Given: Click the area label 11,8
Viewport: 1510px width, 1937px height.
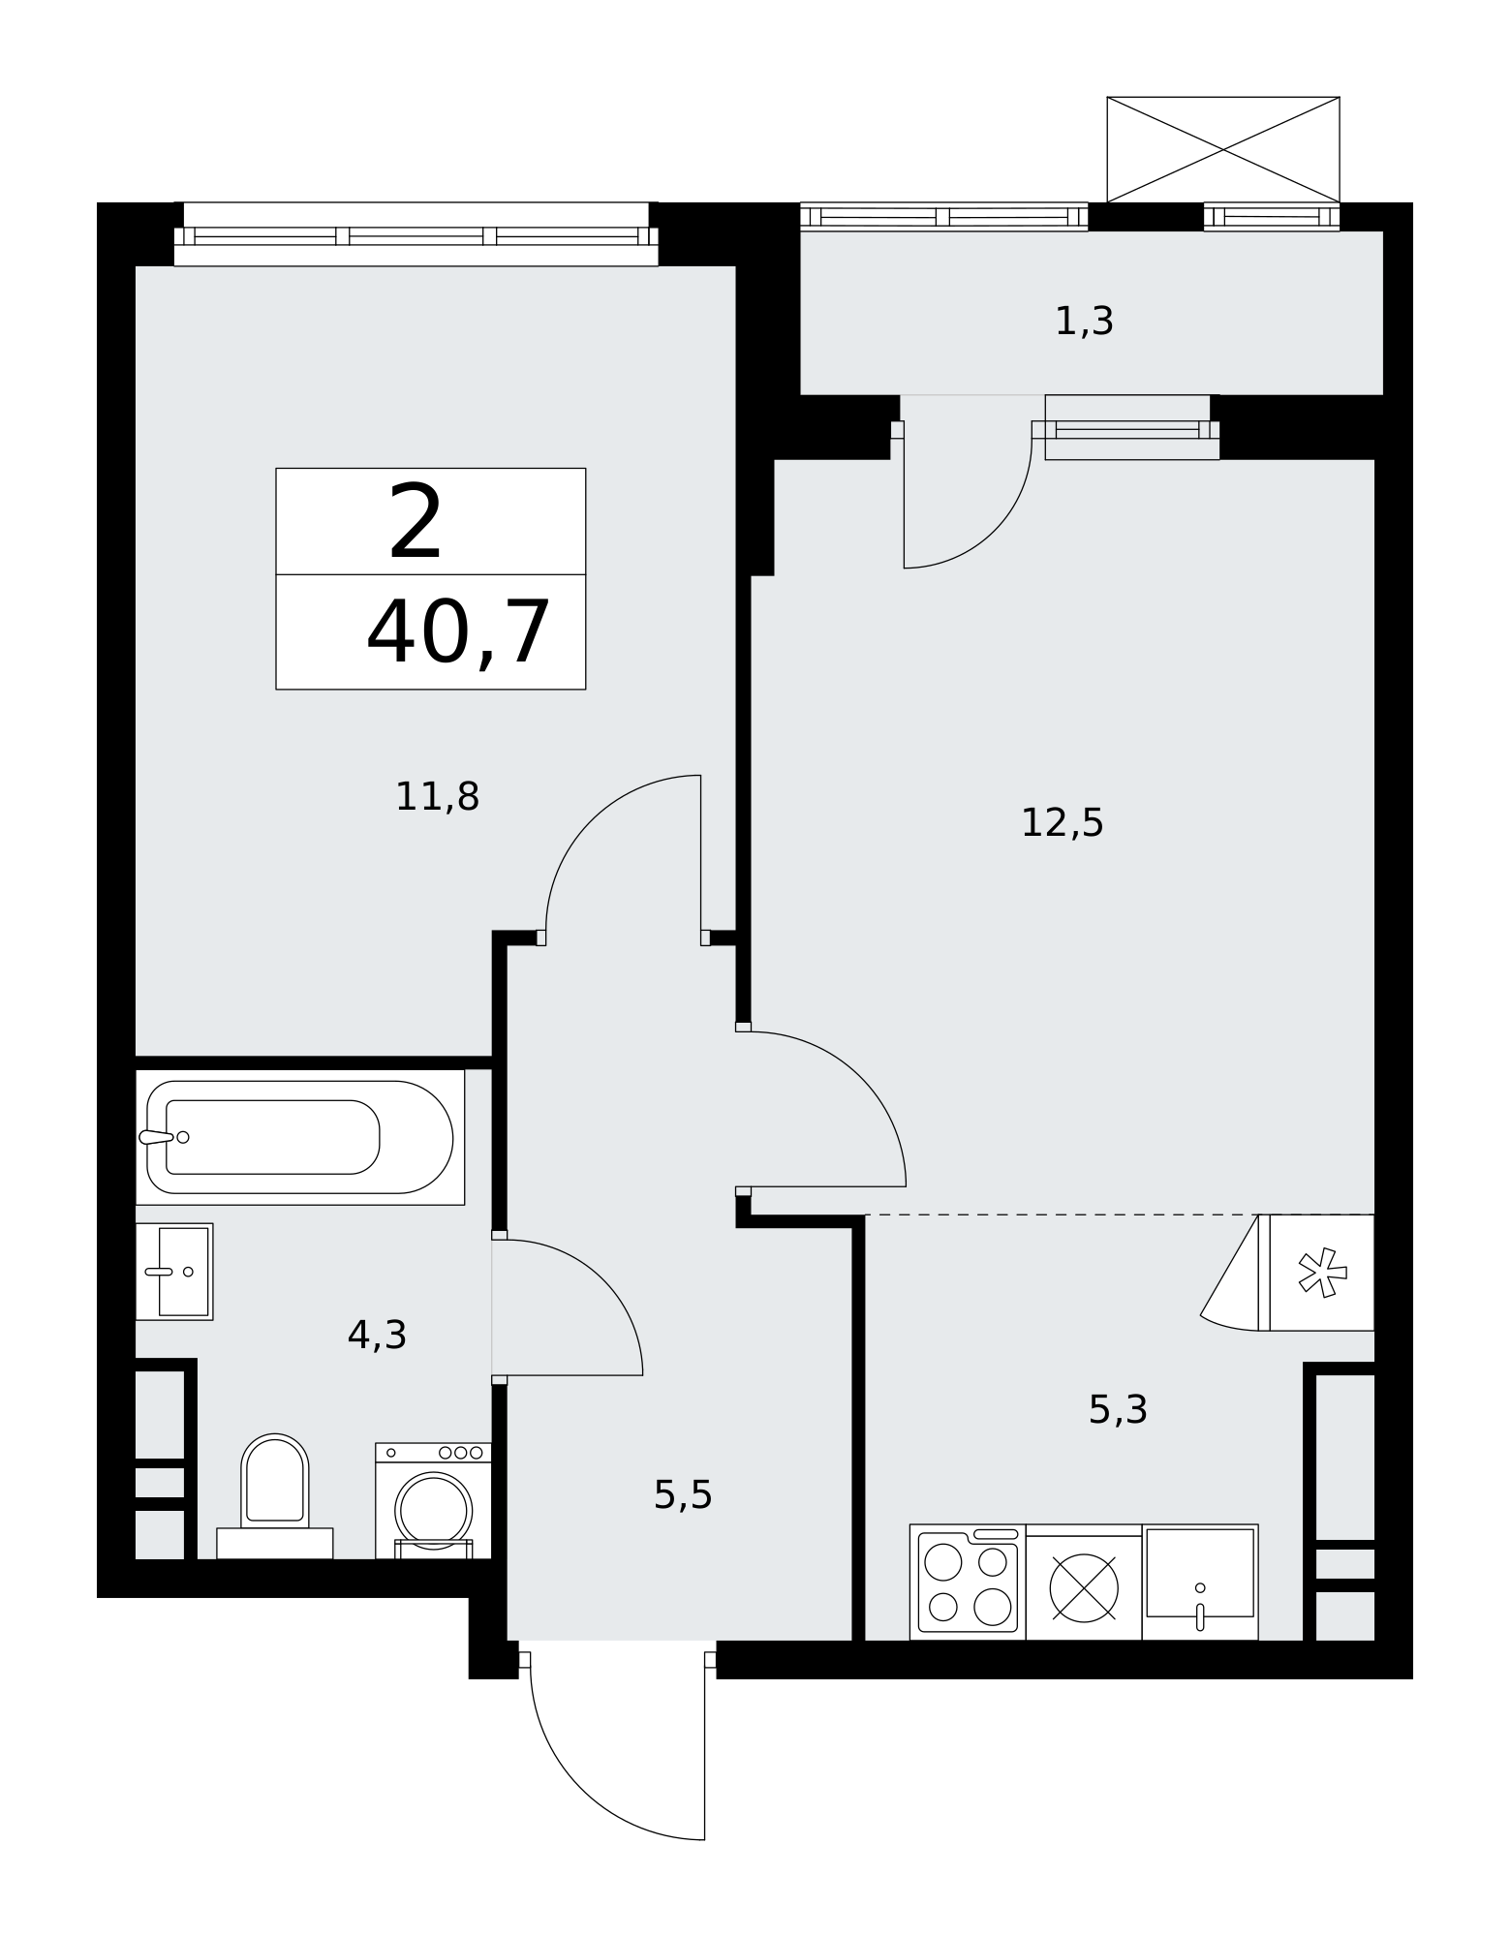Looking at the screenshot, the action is (x=437, y=797).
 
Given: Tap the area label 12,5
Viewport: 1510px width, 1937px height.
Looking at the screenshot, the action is (x=1063, y=823).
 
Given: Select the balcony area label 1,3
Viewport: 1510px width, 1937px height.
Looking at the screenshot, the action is (x=1084, y=322).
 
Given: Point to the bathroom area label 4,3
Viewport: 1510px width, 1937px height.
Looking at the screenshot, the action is (x=377, y=1336).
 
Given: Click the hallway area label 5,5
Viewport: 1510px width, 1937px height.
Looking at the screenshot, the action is (x=683, y=1495).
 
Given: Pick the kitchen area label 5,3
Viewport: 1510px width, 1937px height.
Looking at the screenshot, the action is (x=1118, y=1410).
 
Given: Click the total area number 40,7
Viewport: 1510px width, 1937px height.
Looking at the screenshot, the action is (x=458, y=633).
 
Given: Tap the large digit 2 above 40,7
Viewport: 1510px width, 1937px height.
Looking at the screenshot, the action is (x=416, y=523).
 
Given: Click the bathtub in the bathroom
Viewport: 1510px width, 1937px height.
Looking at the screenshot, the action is (x=299, y=1137).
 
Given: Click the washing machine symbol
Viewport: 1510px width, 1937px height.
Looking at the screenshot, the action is (x=433, y=1500).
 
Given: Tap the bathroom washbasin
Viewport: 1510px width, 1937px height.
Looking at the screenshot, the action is (x=174, y=1272).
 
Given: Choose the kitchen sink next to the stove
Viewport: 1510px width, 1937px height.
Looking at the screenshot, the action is (x=1200, y=1583).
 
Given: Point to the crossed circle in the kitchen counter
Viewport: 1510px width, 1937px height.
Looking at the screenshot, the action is (x=1084, y=1588).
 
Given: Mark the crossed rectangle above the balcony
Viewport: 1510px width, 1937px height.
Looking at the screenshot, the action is (x=1223, y=150).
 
